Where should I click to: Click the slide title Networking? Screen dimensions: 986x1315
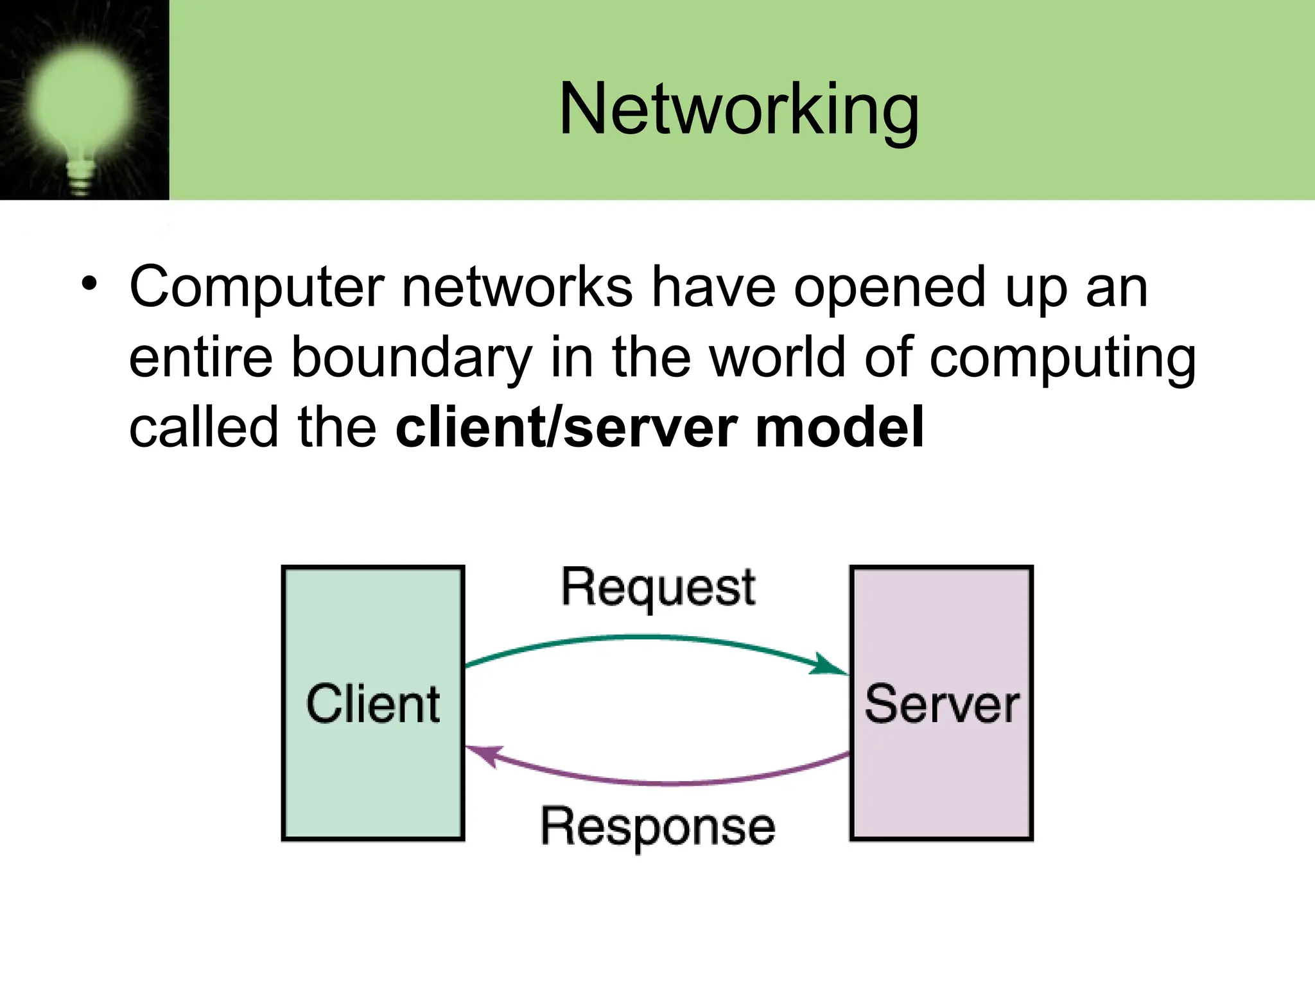click(738, 110)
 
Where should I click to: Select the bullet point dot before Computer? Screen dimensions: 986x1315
click(89, 284)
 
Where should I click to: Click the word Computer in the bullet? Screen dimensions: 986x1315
click(257, 287)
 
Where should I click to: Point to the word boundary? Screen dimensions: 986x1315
click(411, 358)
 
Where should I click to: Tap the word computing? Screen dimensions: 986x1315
click(1063, 358)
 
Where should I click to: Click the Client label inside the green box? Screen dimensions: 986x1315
click(373, 704)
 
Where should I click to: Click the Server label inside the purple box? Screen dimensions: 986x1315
click(941, 704)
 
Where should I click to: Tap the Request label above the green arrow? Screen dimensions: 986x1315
click(658, 588)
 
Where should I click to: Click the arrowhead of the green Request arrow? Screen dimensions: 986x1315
click(830, 665)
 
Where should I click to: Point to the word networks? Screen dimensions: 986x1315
click(517, 287)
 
